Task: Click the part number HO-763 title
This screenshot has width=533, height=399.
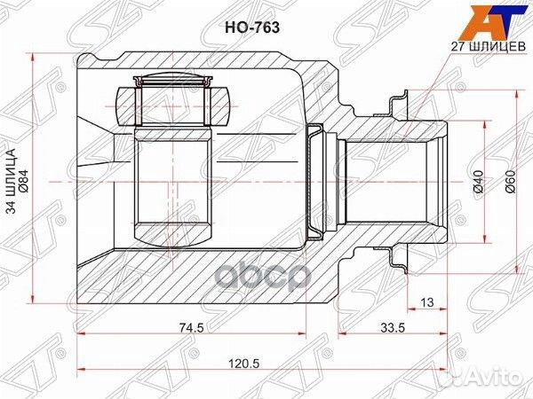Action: [x=256, y=27]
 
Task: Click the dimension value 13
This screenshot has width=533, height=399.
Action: [x=426, y=304]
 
